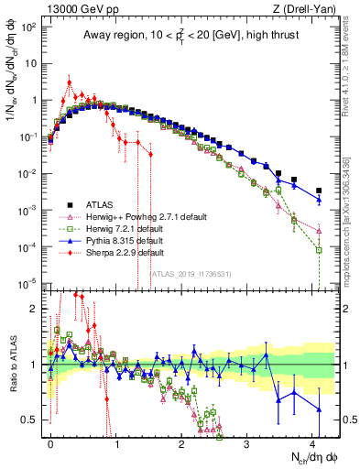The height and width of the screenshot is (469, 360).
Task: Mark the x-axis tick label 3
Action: click(x=247, y=441)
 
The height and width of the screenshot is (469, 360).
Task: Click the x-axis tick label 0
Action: click(x=50, y=441)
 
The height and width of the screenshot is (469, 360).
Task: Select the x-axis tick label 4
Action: click(x=313, y=441)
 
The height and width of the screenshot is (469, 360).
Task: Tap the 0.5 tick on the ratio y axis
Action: click(x=34, y=420)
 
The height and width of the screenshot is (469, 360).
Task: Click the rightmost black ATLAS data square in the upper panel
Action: click(x=319, y=191)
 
